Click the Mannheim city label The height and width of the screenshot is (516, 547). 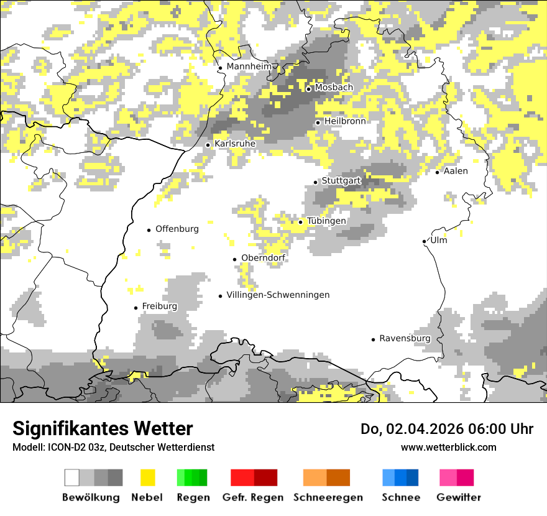pos(249,67)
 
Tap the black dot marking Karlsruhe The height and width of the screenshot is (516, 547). pos(208,145)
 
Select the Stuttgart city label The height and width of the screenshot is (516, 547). pos(341,181)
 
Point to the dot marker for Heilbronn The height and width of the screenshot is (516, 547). pos(318,122)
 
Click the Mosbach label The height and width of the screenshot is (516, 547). pos(334,88)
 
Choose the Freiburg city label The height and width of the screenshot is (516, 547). pos(159,306)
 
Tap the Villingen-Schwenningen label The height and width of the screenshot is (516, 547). pos(278,295)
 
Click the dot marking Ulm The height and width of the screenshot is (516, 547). pos(424,241)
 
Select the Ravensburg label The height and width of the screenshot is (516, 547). pos(405,339)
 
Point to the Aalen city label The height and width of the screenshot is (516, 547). pos(456,171)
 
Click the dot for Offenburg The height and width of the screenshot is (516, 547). pos(149,230)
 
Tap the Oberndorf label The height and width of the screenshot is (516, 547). pos(263,258)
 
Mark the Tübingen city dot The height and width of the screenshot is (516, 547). pos(301,222)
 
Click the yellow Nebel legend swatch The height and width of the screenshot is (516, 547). pos(148,477)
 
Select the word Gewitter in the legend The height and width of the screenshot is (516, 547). pos(459,497)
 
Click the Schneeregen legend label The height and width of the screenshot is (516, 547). pos(328,497)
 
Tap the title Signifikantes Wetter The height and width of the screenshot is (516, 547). pos(103,429)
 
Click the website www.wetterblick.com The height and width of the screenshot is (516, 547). pos(448,447)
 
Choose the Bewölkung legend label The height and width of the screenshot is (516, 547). pos(91,497)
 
